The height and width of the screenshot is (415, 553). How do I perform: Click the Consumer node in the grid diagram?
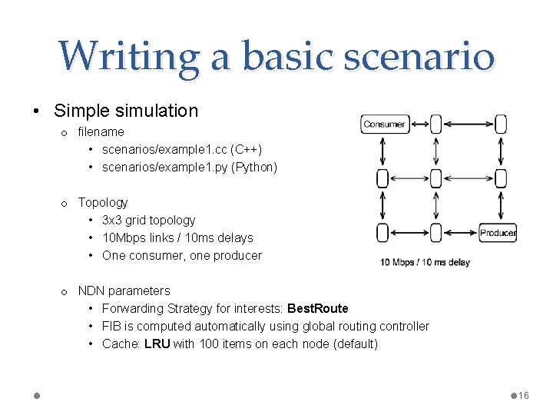pyautogui.click(x=384, y=124)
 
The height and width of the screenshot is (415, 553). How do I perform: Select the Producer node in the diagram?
pyautogui.click(x=498, y=233)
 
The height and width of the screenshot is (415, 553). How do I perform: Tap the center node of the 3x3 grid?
pyautogui.click(x=436, y=178)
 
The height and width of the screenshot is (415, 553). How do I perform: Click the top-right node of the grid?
pyautogui.click(x=502, y=124)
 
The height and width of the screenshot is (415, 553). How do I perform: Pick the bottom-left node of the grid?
pyautogui.click(x=382, y=233)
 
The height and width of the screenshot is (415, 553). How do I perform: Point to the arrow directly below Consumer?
pyautogui.click(x=382, y=151)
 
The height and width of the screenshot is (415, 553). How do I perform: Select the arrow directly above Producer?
pyautogui.click(x=502, y=205)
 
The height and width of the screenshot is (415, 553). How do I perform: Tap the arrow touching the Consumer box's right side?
pyautogui.click(x=419, y=124)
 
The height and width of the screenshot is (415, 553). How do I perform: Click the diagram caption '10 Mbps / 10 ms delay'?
pyautogui.click(x=425, y=263)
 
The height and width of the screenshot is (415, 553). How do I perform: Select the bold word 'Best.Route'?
pyautogui.click(x=317, y=308)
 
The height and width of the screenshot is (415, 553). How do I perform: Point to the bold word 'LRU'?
pyautogui.click(x=157, y=344)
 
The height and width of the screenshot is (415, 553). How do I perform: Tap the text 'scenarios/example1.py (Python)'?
pyautogui.click(x=190, y=167)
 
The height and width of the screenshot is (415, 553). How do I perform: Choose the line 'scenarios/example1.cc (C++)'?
pyautogui.click(x=182, y=149)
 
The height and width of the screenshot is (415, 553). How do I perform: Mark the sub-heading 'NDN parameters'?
pyautogui.click(x=124, y=290)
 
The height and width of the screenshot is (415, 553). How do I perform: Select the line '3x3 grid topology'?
pyautogui.click(x=148, y=220)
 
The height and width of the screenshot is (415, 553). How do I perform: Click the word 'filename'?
pyautogui.click(x=101, y=131)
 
